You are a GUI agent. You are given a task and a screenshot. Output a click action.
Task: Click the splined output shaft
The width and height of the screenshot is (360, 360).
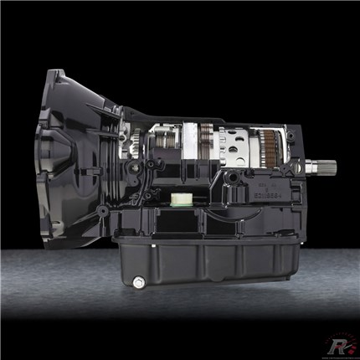click(x=322, y=165)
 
